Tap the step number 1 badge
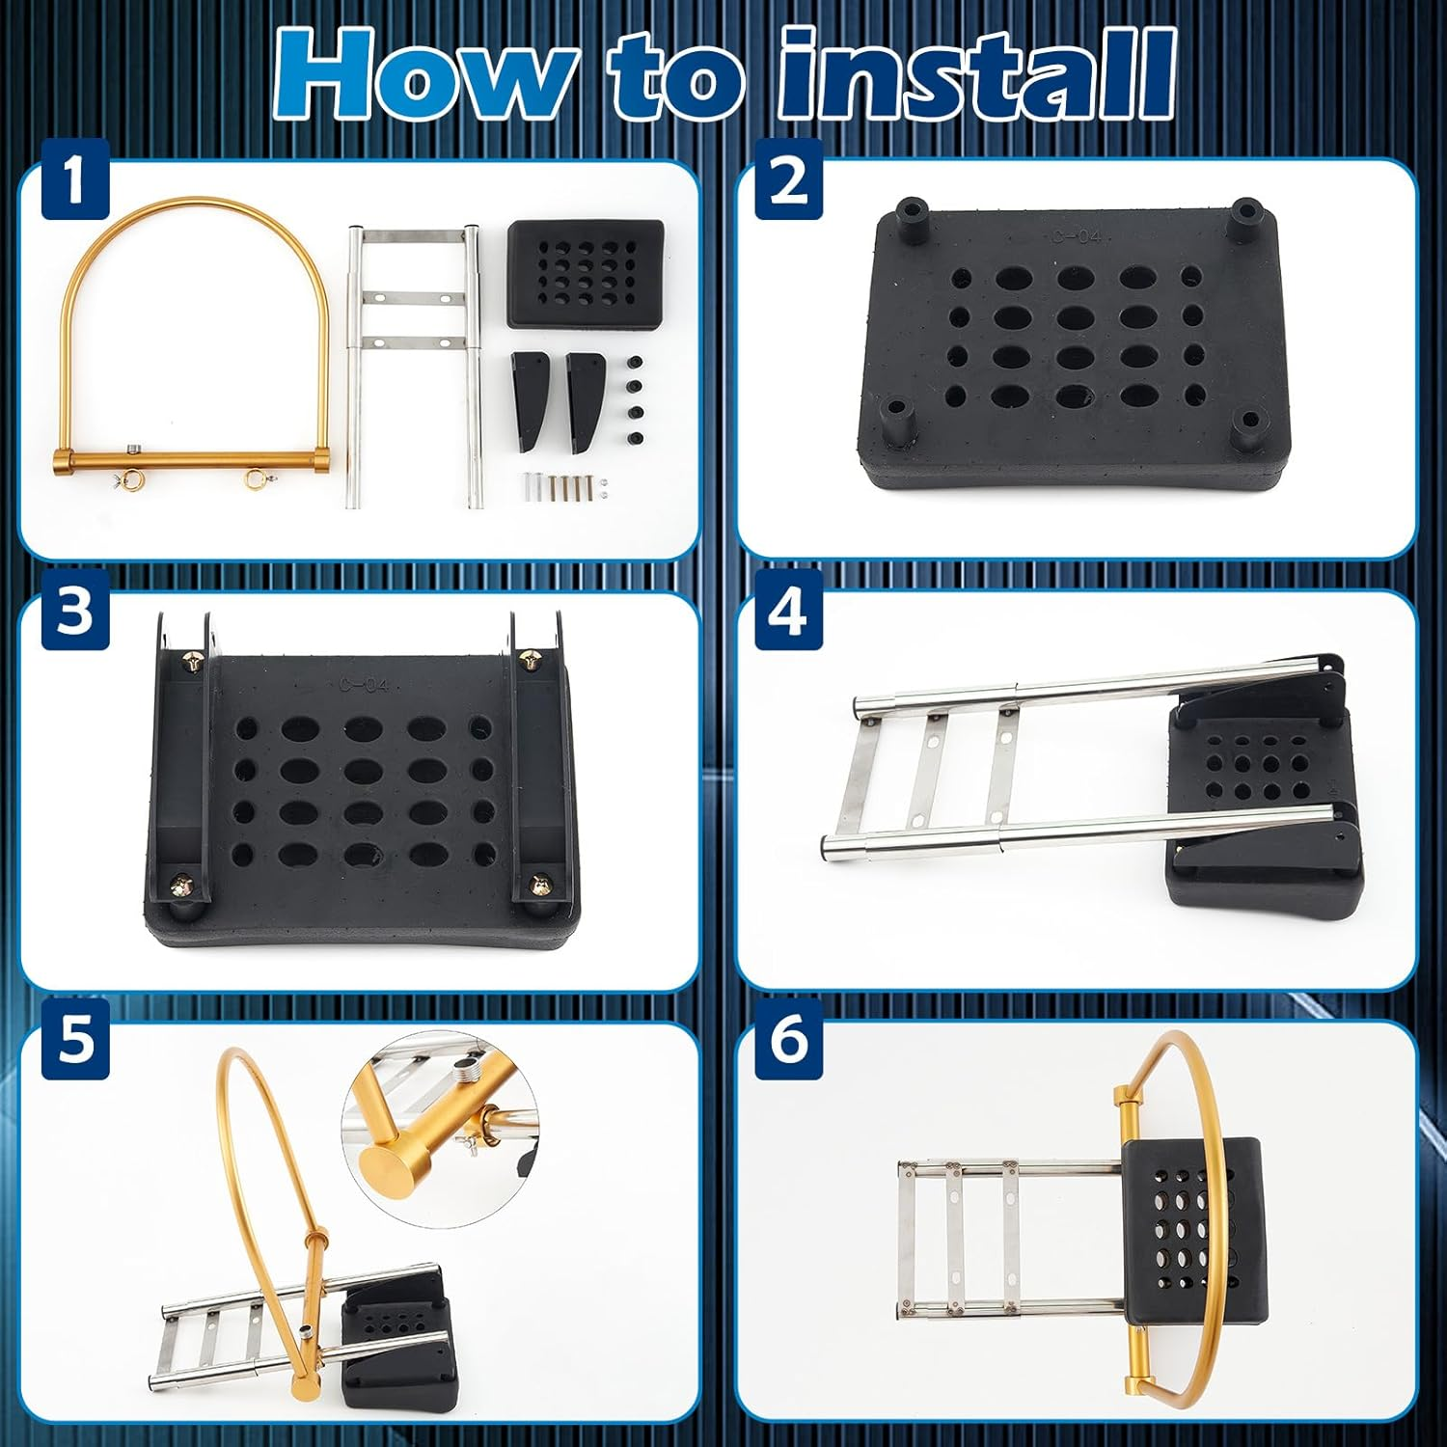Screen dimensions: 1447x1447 (75, 182)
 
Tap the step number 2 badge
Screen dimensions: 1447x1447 (788, 182)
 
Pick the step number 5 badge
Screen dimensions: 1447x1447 (75, 1044)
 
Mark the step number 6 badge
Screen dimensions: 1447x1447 (788, 1044)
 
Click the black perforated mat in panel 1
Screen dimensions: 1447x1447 (585, 273)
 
